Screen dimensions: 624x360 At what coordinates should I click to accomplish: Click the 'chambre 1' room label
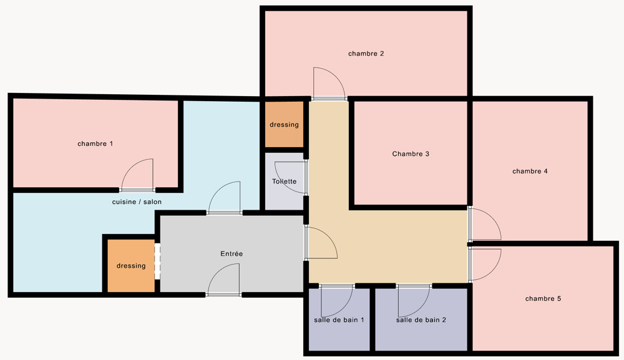(95, 144)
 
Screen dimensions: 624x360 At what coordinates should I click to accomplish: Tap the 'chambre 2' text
(366, 53)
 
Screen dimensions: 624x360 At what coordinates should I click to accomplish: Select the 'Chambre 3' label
(411, 154)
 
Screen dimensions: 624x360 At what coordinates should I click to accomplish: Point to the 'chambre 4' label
(530, 171)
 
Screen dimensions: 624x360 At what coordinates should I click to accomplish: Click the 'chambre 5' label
(544, 298)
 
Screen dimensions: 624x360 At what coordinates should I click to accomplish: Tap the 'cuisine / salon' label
(137, 202)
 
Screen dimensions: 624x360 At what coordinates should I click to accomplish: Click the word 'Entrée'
(232, 253)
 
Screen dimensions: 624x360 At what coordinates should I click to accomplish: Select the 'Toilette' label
(284, 182)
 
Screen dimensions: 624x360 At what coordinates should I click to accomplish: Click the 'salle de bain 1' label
(339, 320)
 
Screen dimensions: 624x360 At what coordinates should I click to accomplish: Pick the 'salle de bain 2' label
(421, 320)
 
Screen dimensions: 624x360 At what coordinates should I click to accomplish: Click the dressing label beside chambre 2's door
(284, 125)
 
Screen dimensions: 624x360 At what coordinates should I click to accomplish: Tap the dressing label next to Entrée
(131, 266)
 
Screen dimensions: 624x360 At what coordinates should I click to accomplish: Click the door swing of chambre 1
(131, 167)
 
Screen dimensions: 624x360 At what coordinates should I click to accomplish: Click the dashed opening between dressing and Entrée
(157, 261)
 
